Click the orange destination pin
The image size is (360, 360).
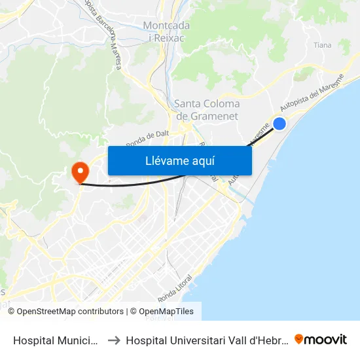click(81, 172)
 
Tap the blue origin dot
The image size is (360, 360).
click(279, 123)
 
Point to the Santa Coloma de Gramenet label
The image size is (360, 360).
click(207, 110)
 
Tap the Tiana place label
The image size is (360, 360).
click(323, 45)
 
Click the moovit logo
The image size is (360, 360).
click(321, 340)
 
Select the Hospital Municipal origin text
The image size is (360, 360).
click(55, 340)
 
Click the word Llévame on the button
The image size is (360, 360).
click(164, 161)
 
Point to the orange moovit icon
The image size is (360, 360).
click(299, 339)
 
